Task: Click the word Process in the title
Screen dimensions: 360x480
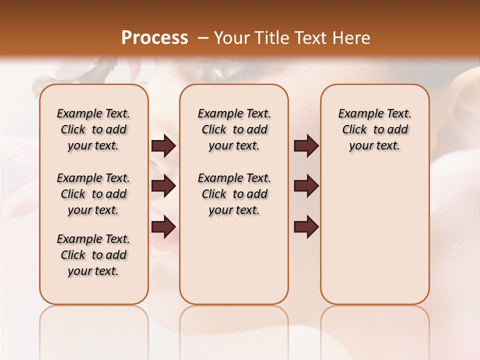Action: (x=154, y=38)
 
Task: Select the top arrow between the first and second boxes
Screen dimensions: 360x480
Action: (x=163, y=146)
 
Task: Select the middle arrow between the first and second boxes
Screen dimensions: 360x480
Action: (x=163, y=186)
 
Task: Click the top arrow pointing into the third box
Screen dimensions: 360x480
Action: (x=306, y=146)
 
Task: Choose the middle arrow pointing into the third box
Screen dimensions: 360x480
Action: (x=306, y=186)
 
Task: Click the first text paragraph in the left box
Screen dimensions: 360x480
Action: (x=93, y=129)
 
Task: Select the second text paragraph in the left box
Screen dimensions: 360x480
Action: (x=93, y=194)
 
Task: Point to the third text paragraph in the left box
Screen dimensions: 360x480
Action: (x=93, y=255)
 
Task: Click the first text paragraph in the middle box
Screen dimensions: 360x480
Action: (x=234, y=129)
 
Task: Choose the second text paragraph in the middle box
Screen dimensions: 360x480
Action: (x=234, y=194)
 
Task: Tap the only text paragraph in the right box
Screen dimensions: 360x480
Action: (x=375, y=129)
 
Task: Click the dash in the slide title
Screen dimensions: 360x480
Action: (x=203, y=38)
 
